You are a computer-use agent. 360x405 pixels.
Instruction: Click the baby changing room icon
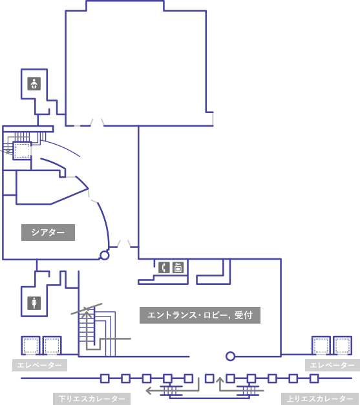34,84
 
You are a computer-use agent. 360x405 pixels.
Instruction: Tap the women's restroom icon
34,303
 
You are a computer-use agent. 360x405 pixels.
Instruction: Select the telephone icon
164,267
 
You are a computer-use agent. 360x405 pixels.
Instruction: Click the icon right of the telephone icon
178,267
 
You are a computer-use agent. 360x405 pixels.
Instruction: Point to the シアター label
48,233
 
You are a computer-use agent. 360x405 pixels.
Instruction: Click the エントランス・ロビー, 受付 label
200,315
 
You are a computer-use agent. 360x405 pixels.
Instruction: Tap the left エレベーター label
39,365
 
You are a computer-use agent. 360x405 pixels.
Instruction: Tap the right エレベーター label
332,365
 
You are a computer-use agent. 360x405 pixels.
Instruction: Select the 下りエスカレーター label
92,399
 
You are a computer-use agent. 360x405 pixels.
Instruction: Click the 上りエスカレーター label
320,399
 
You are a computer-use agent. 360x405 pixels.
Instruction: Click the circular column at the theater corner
105,255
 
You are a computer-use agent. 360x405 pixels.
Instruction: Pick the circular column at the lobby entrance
230,357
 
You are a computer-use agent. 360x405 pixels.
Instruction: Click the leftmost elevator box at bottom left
30,346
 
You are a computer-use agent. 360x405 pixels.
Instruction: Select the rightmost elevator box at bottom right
343,346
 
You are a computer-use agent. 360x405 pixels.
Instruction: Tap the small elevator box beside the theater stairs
22,151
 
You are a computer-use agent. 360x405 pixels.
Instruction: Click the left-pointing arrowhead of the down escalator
148,390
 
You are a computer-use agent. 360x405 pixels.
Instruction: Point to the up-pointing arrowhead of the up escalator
220,380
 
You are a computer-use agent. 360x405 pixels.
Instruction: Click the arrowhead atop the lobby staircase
87,313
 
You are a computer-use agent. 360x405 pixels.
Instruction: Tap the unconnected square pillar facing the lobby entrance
209,379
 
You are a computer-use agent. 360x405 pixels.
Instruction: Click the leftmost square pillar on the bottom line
105,379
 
